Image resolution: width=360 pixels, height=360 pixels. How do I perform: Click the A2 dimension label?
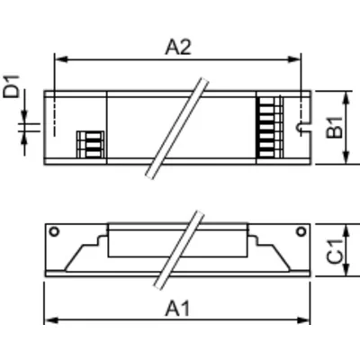click(x=178, y=48)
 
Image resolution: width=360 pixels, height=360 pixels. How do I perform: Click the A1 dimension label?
click(x=178, y=307)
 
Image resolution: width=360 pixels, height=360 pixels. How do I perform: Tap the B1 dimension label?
click(x=334, y=128)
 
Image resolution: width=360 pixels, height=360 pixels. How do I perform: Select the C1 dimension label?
click(x=334, y=249)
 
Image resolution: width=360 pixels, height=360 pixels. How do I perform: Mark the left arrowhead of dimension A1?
click(x=48, y=319)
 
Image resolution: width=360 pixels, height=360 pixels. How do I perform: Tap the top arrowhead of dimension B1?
click(x=346, y=94)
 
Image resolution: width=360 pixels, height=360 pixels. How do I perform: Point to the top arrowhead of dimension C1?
click(x=346, y=226)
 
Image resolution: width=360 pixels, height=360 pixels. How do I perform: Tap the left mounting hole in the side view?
click(x=54, y=232)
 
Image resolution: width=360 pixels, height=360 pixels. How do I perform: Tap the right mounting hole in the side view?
click(x=301, y=232)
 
